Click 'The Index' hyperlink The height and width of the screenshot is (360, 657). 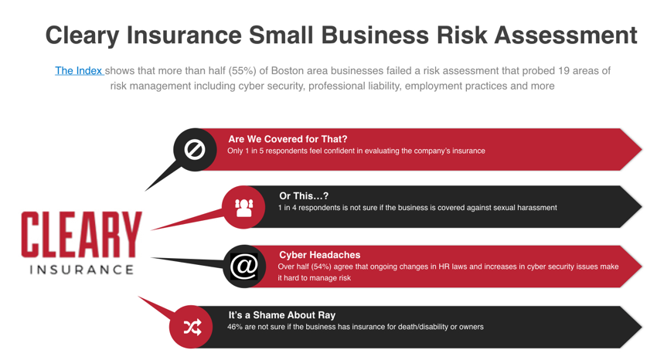[79, 71]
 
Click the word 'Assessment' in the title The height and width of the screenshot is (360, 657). [566, 35]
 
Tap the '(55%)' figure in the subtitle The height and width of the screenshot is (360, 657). [242, 71]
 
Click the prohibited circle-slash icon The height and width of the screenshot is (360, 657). [195, 149]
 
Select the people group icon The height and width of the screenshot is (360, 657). [243, 207]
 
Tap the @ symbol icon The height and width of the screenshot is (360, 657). [243, 267]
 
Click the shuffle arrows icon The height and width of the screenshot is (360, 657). [192, 327]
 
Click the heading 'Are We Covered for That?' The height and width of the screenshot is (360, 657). [288, 139]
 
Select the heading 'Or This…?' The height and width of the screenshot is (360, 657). [304, 196]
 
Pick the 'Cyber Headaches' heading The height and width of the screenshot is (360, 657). [320, 255]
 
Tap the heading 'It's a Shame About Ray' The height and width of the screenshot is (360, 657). [282, 315]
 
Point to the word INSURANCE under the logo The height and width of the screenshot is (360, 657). [82, 270]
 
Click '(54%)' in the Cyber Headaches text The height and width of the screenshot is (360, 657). [322, 267]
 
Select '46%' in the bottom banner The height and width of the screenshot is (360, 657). [235, 327]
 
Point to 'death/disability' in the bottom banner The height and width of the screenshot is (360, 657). [421, 327]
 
